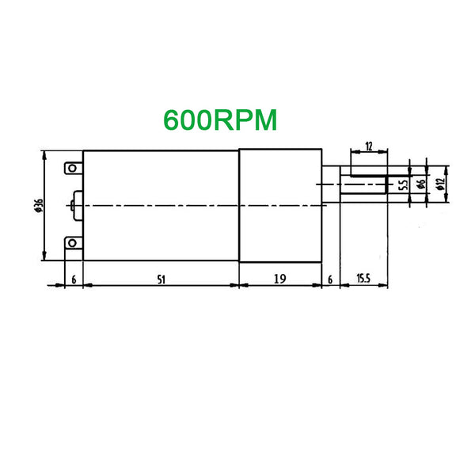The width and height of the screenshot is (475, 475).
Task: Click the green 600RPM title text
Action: point(220,120)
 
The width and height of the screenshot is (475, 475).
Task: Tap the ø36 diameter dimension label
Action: point(39,205)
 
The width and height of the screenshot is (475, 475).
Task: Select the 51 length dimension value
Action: point(161,279)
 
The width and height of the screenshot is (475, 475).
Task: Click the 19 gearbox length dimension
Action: point(280,279)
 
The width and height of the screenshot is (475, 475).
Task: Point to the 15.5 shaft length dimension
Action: point(363,278)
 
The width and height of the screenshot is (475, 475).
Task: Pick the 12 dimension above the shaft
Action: point(369,146)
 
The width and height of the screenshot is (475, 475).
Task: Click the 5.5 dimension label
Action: point(403,184)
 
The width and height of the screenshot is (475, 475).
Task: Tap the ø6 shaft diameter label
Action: point(421,184)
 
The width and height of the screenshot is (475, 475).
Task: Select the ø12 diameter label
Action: point(440,184)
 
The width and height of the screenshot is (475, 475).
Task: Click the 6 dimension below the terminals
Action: point(74,280)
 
